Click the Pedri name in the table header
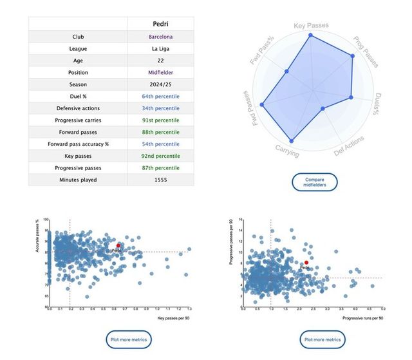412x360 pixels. pos(161,24)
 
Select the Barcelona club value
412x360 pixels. pos(161,37)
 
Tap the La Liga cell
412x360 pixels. pos(161,48)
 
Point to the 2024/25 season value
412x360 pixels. pos(161,84)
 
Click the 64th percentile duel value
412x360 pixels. pos(161,97)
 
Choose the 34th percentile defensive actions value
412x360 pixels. pos(161,108)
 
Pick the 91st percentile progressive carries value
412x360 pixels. pos(161,120)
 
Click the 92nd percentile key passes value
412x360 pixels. pos(161,156)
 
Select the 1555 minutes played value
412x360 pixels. pos(161,180)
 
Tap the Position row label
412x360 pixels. pos(78,73)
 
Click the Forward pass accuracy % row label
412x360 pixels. pos(78,144)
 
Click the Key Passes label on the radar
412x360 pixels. pos(312,26)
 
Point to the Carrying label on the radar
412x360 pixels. pos(286,151)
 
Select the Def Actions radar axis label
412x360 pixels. pos(350,146)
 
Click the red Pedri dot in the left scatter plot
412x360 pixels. pos(118,245)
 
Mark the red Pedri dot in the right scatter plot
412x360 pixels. pos(306,263)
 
